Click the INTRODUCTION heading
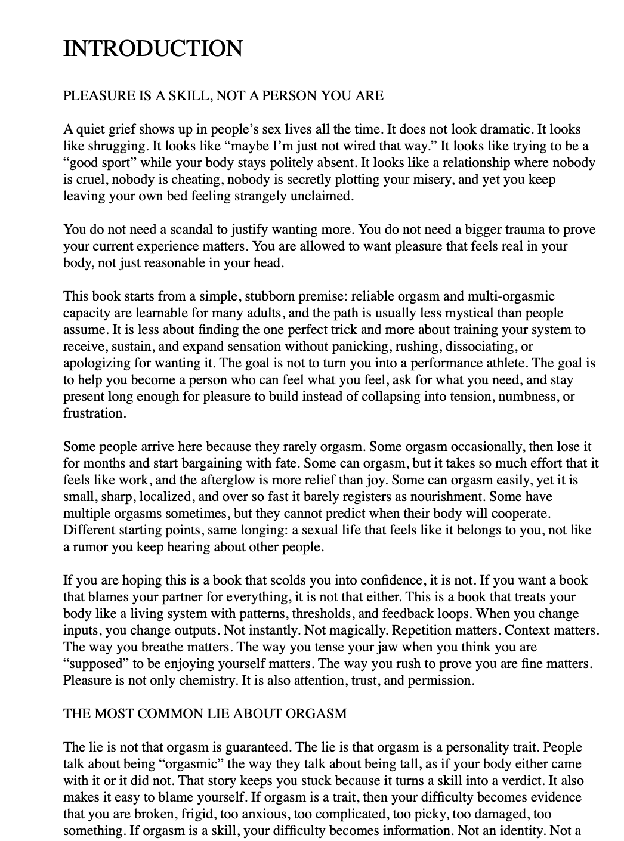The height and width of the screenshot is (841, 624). [153, 48]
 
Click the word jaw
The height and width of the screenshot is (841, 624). [338, 647]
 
